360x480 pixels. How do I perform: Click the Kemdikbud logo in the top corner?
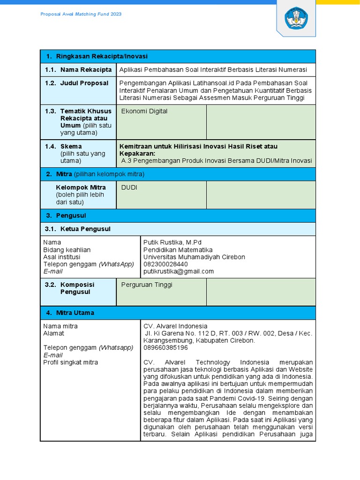click(296, 18)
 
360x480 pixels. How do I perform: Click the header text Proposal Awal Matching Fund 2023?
click(81, 14)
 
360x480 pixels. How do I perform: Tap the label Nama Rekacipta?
click(86, 70)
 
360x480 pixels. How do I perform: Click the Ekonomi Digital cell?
click(144, 112)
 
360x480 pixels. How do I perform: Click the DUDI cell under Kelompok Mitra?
click(129, 187)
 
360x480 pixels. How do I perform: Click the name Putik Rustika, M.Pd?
click(172, 242)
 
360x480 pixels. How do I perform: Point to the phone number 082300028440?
click(165, 264)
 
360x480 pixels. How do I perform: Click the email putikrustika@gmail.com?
click(178, 271)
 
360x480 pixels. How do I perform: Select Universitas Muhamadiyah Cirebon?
click(194, 257)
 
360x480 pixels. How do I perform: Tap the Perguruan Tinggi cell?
click(147, 285)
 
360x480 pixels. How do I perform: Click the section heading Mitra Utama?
click(75, 313)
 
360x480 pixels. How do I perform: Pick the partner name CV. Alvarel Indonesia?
click(175, 326)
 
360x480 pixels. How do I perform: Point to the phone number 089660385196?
click(165, 348)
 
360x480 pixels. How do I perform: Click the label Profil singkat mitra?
click(71, 362)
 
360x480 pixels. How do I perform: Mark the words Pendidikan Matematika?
click(178, 250)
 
